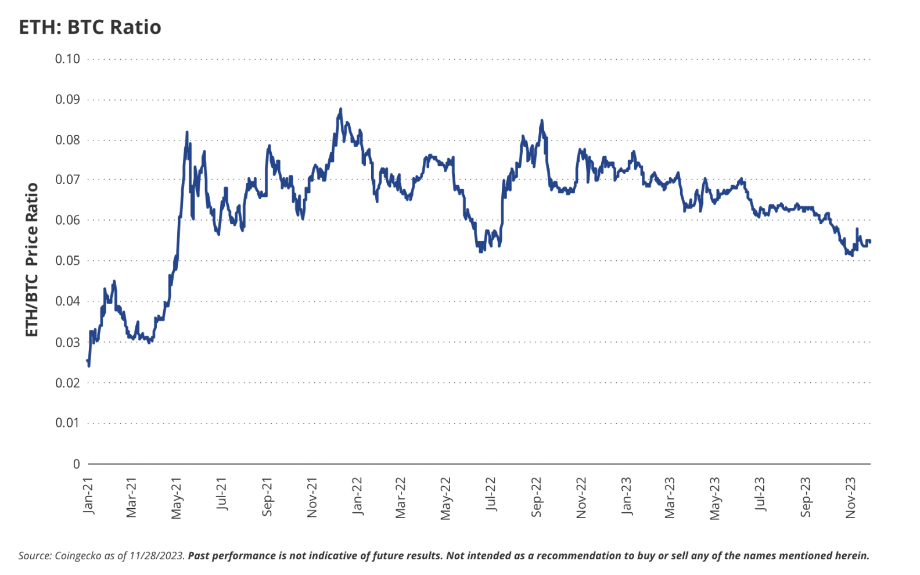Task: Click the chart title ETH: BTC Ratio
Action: (90, 27)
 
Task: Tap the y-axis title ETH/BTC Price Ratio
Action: (31, 260)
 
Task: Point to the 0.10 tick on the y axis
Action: (67, 59)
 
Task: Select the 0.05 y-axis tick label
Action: (67, 261)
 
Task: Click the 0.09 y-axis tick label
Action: (67, 99)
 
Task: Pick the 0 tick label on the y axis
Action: (76, 464)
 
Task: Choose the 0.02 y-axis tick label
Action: (67, 383)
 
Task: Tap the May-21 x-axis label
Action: (177, 498)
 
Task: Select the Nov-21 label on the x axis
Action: (312, 498)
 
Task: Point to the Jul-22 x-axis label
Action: (491, 494)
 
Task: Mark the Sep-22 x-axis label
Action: (536, 497)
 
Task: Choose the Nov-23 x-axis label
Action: (850, 498)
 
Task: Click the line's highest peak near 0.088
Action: (341, 109)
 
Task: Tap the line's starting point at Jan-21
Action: (88, 361)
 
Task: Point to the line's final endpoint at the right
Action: (869, 241)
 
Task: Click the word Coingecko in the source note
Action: (78, 556)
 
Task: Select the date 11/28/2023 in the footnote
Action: (157, 556)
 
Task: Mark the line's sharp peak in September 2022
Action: (542, 121)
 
